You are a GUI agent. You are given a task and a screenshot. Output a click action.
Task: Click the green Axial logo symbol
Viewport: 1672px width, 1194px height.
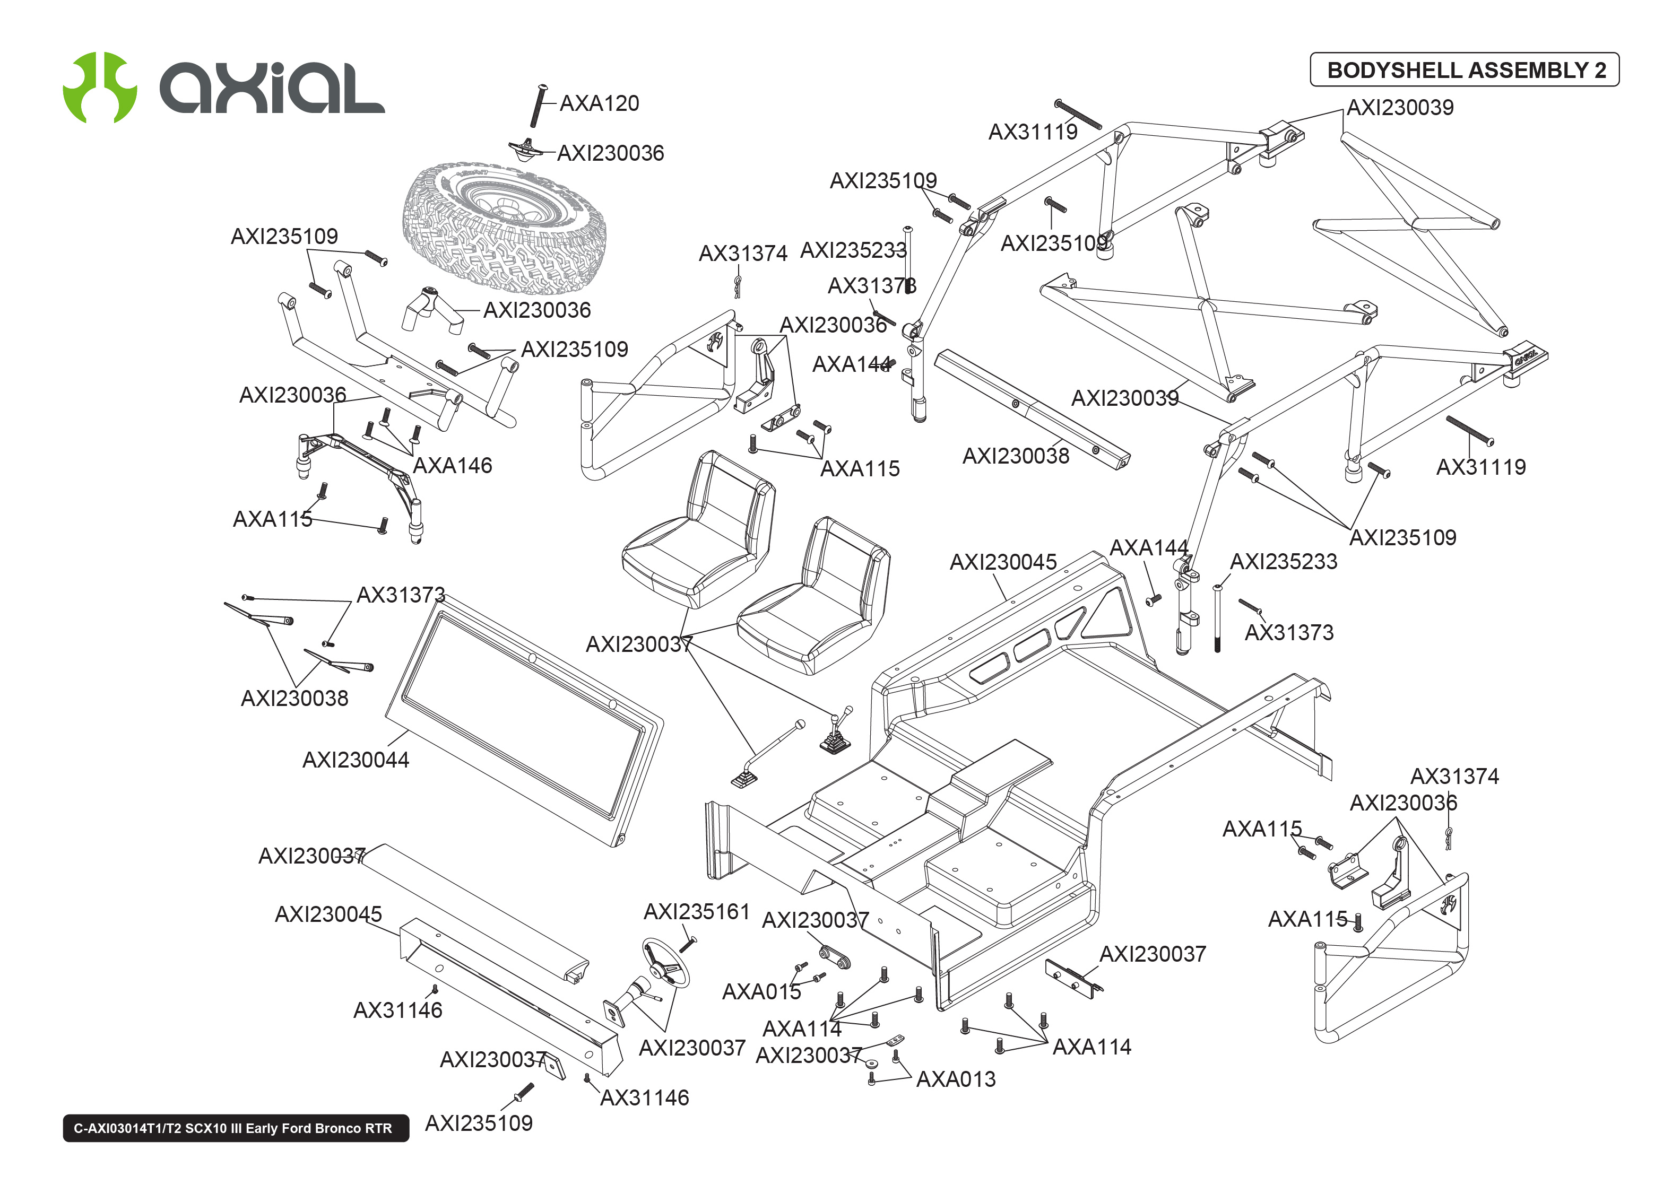tap(99, 87)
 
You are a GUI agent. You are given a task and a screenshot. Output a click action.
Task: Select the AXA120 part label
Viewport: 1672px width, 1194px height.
tap(599, 103)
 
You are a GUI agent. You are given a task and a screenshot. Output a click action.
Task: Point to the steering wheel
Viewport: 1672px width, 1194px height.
tap(666, 964)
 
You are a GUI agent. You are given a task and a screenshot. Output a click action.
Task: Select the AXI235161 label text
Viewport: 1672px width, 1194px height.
tap(696, 912)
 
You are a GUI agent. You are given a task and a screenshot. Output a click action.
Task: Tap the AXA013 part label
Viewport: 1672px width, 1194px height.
tap(955, 1079)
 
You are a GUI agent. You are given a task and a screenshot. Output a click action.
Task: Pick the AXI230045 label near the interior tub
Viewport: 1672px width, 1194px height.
tap(1002, 562)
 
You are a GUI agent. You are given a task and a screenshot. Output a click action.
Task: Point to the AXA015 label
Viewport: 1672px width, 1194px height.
tap(761, 992)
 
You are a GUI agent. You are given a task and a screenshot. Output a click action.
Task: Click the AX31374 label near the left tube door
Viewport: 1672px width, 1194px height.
tap(743, 254)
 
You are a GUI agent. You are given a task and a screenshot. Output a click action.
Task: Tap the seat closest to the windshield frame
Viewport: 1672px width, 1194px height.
tap(697, 529)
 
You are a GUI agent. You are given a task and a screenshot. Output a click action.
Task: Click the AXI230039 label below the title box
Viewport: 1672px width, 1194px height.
tap(1399, 107)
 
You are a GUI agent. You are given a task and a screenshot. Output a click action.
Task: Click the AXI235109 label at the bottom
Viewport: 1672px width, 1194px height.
tap(479, 1123)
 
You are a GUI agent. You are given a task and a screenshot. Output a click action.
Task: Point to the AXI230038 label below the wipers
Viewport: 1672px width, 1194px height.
tap(294, 699)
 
